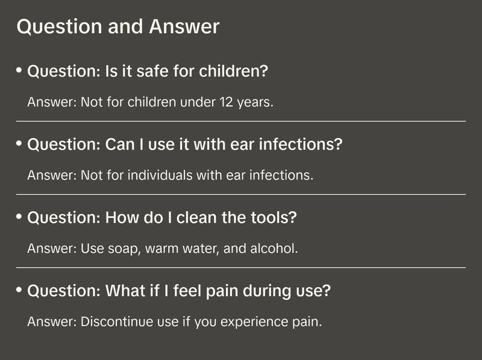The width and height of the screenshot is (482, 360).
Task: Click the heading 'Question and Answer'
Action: [x=118, y=27]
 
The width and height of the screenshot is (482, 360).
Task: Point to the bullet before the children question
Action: [x=19, y=70]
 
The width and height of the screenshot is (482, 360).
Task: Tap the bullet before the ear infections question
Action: [x=19, y=144]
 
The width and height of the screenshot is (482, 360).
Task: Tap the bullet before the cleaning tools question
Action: [x=19, y=217]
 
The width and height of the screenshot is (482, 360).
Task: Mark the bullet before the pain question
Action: [x=19, y=290]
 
